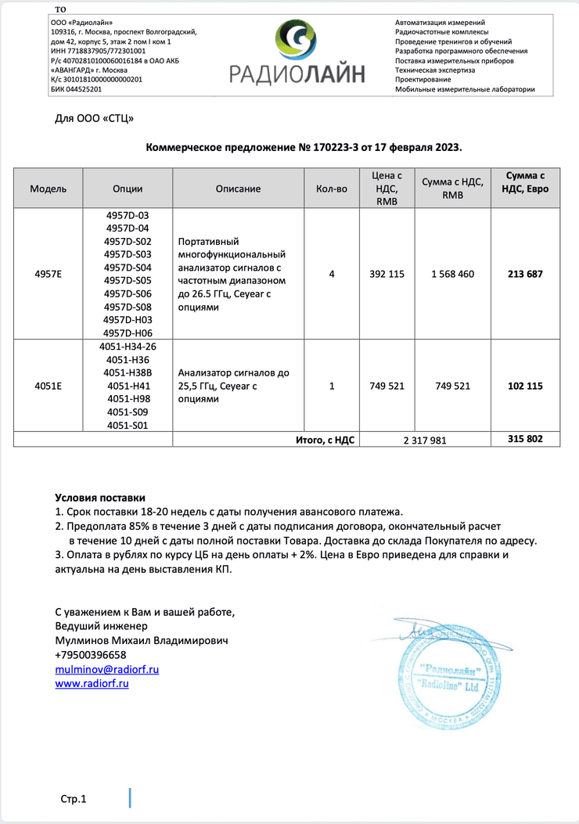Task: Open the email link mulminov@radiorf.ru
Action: [x=107, y=669]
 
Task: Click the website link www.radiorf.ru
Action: [x=92, y=683]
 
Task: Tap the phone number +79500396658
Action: [x=90, y=655]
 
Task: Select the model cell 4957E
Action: [x=49, y=274]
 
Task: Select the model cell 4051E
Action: [x=49, y=386]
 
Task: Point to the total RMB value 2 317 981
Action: [x=425, y=440]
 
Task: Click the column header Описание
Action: [x=238, y=189]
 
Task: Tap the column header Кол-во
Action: [x=331, y=189]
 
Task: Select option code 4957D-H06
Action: [x=132, y=333]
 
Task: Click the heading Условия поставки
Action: [x=99, y=498]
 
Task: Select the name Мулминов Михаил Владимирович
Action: [x=141, y=640]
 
